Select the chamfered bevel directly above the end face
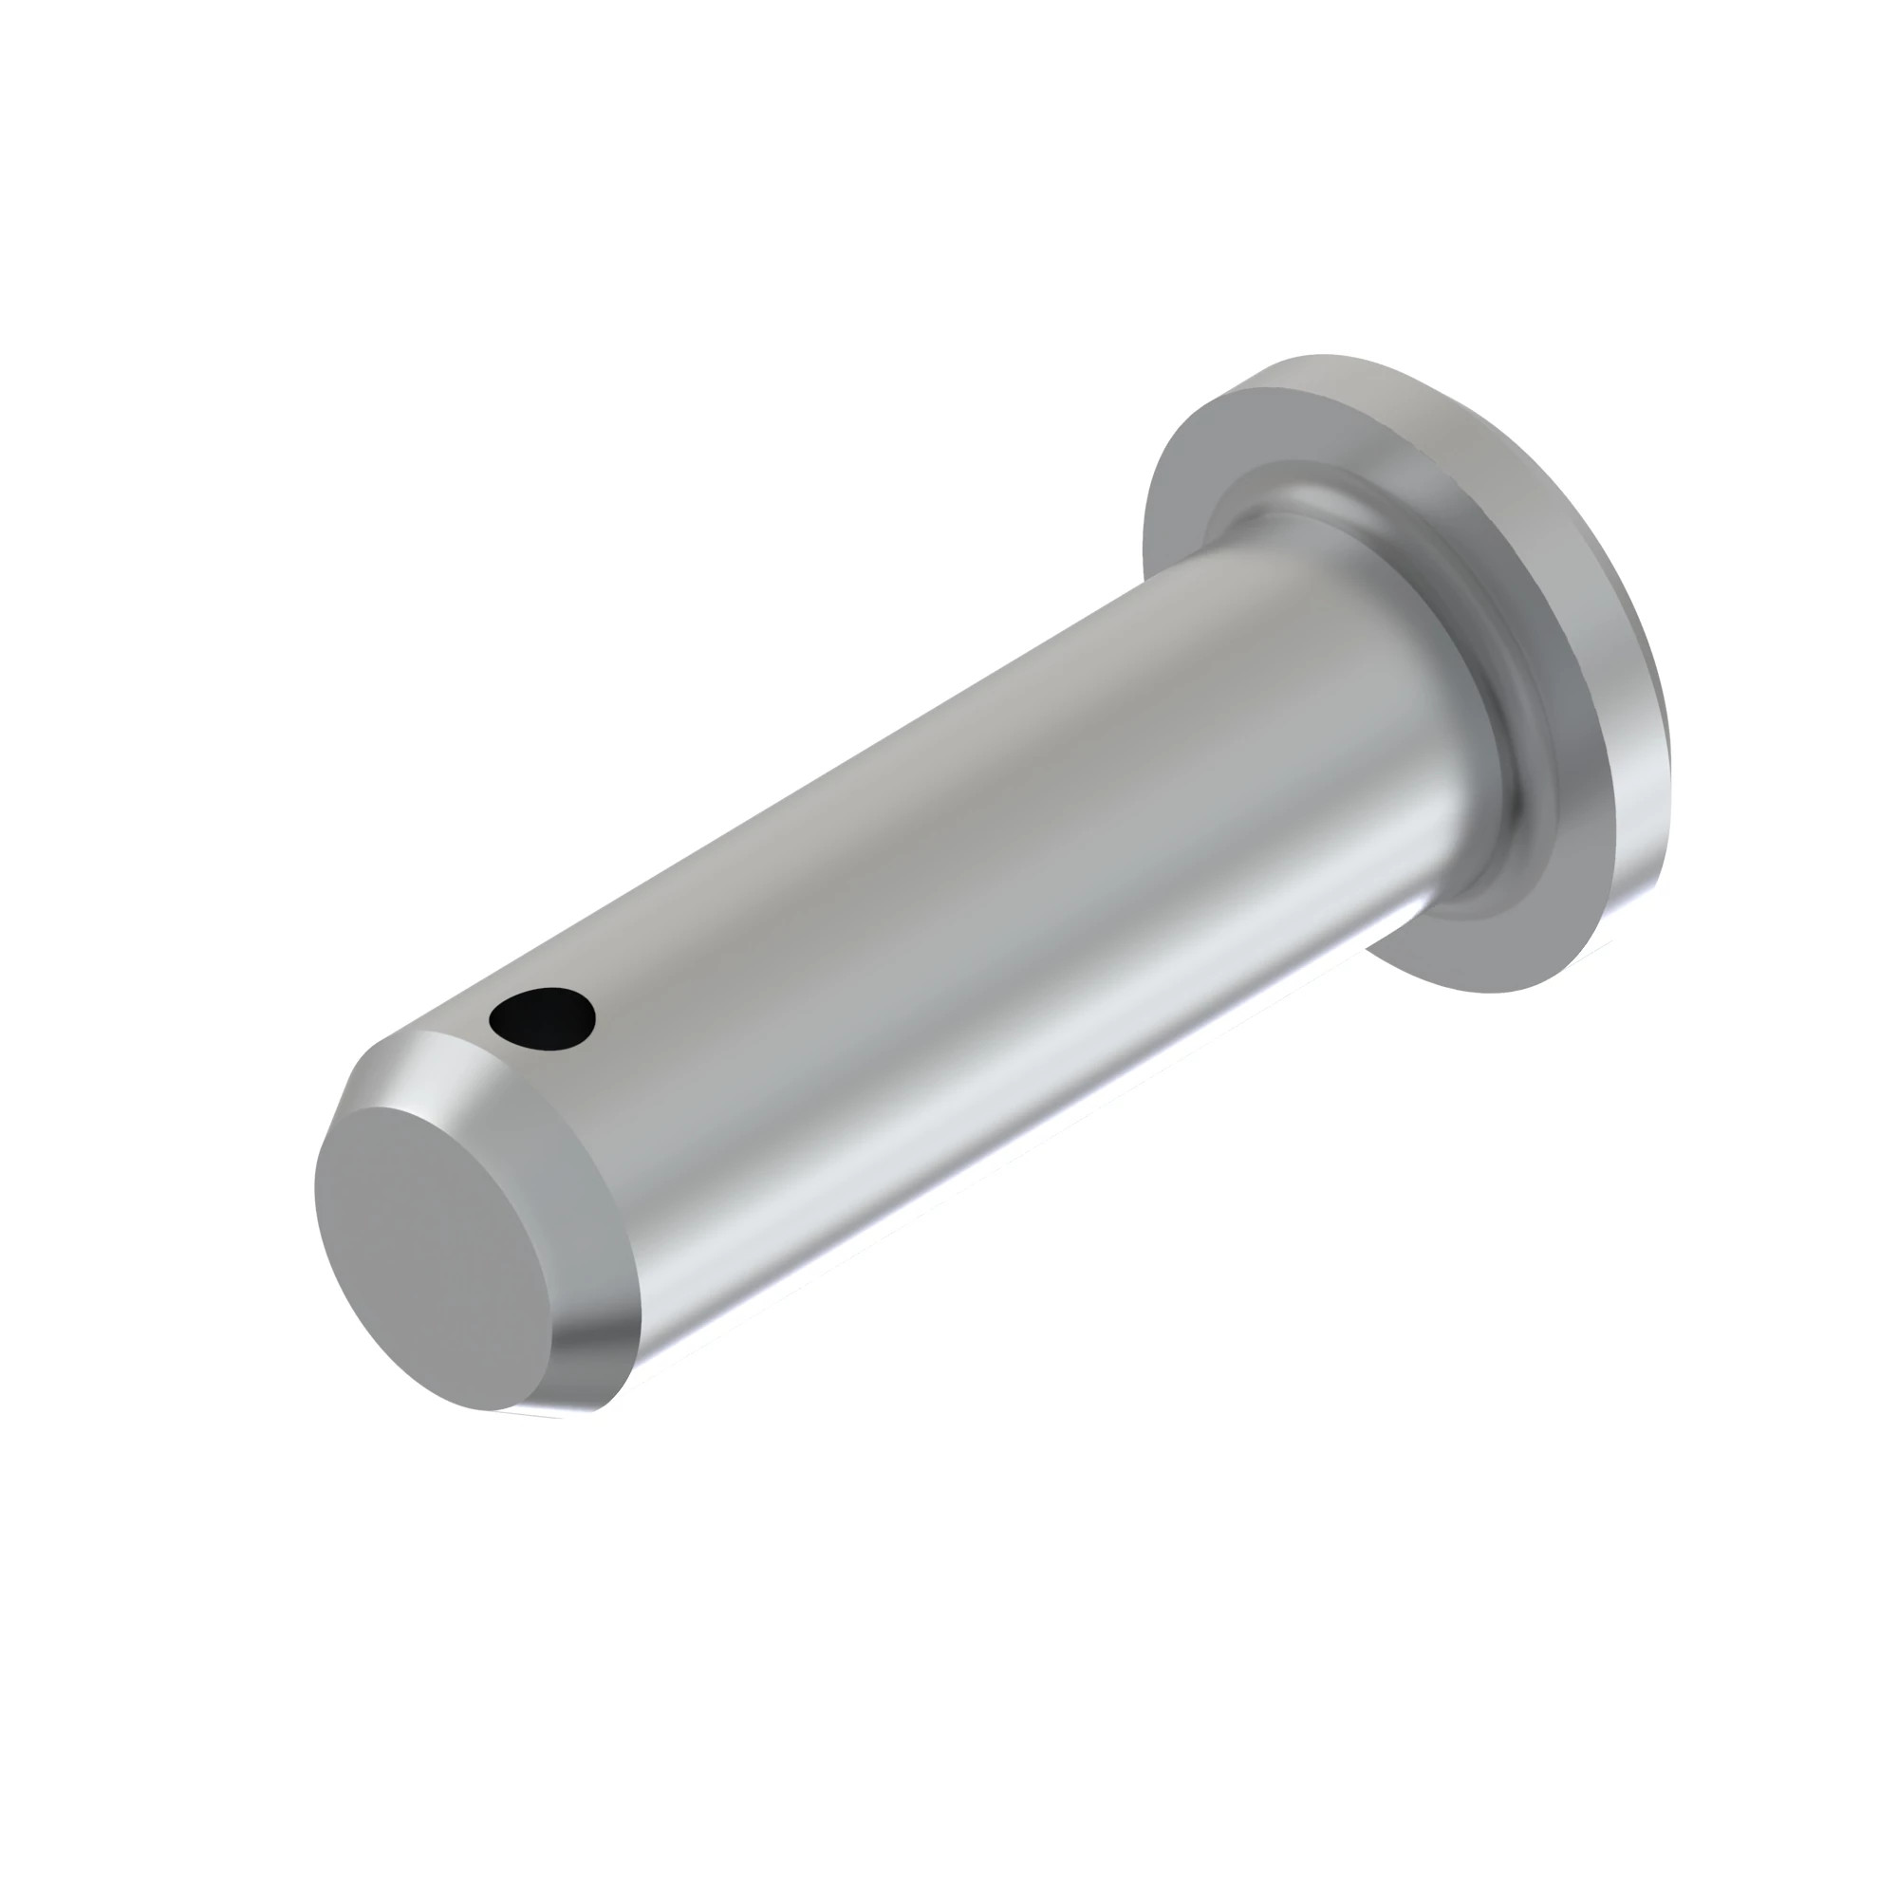coord(462,1079)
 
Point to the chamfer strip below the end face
coord(589,1366)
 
